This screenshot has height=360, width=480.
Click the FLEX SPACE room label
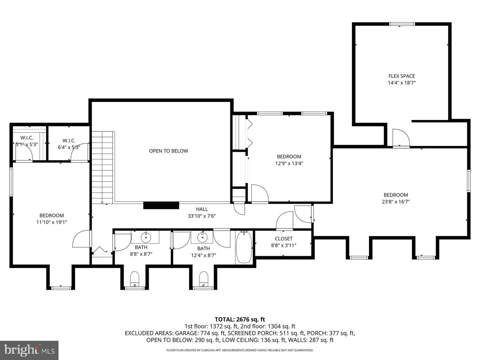[401, 76]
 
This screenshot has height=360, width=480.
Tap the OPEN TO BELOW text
[168, 151]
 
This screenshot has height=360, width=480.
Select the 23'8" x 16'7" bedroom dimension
[396, 202]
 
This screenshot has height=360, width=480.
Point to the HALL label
[202, 209]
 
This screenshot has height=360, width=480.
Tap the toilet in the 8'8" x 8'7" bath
[134, 279]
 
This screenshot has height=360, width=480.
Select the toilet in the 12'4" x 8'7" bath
[204, 279]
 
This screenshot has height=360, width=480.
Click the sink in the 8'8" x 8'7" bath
[145, 237]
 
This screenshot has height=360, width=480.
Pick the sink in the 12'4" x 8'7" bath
[202, 236]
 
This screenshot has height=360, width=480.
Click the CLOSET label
[284, 239]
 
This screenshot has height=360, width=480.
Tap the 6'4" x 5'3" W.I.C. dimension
[69, 147]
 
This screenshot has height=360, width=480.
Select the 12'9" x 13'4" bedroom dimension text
[289, 163]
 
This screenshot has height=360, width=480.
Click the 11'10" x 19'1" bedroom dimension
[52, 222]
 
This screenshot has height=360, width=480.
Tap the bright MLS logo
[29, 350]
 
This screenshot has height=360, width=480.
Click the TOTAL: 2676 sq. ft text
[240, 319]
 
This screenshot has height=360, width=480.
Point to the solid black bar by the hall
[161, 205]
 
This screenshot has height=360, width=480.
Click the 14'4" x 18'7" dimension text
[401, 83]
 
